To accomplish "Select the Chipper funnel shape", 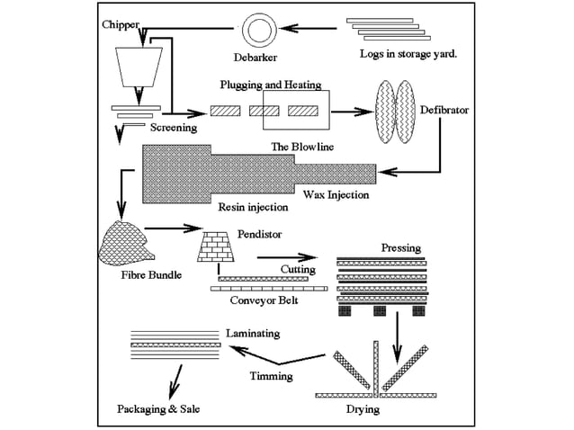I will pos(139,67).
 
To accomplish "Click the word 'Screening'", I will pos(174,128).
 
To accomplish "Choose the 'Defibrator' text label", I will pos(444,110).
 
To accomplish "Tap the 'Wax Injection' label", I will pos(336,193).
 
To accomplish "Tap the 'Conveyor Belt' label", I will pos(264,300).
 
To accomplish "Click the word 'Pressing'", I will pos(400,247).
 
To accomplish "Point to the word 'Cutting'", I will pos(298,269).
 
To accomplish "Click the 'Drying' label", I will pos(361,409).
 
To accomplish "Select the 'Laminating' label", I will pos(253,333).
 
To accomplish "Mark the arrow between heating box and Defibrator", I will pos(353,112).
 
